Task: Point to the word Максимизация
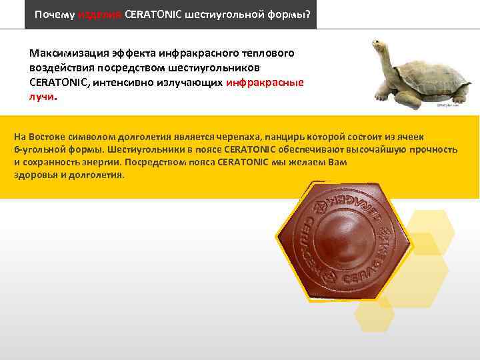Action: [66, 53]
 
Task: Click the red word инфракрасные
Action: [265, 82]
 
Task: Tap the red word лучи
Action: [43, 96]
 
